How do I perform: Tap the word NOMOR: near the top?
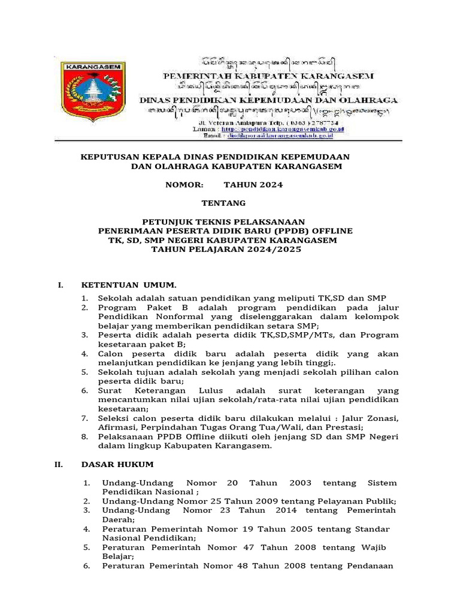[184, 185]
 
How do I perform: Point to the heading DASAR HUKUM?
[118, 465]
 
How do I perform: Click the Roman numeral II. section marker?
[59, 465]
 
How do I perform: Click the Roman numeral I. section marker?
[60, 285]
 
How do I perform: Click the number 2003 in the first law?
[300, 483]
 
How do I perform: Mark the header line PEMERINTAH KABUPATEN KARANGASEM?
[269, 76]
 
